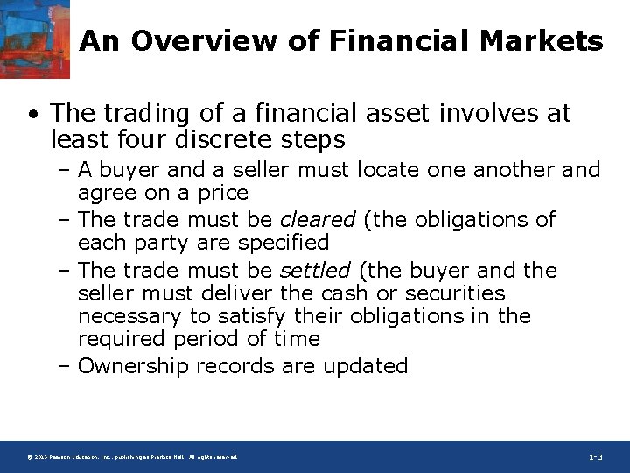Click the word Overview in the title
[185, 40]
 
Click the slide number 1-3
[595, 457]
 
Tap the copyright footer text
[131, 457]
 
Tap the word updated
[366, 365]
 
